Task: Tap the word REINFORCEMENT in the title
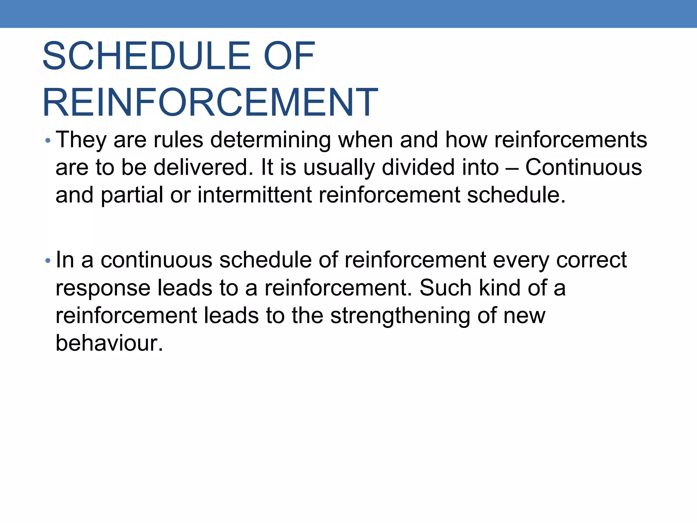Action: point(210,102)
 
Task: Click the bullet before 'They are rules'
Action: point(48,141)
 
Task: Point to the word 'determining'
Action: point(270,140)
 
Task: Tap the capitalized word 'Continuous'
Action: point(583,168)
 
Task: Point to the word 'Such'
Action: point(445,288)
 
